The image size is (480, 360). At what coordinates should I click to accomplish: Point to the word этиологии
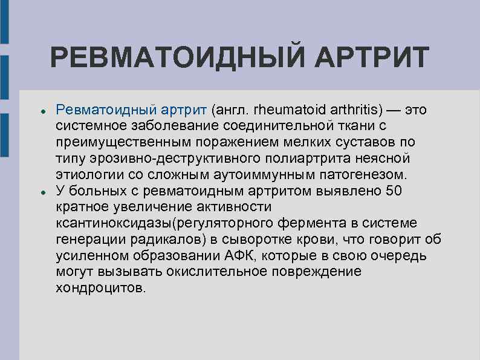click(89, 175)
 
